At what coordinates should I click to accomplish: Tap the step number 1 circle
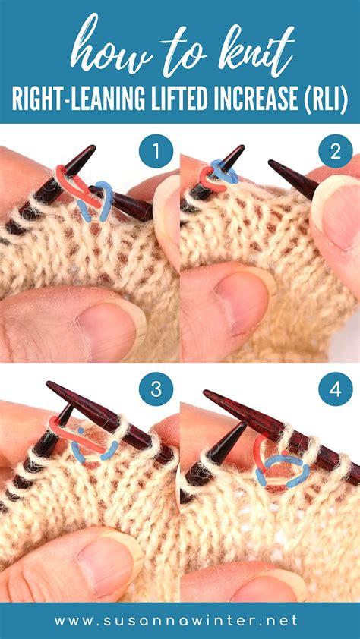tap(156, 153)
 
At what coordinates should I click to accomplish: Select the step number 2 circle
tap(336, 153)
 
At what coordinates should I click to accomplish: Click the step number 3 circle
tap(156, 390)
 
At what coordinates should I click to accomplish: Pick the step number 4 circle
tap(336, 390)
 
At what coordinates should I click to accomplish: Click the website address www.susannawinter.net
tap(180, 620)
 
